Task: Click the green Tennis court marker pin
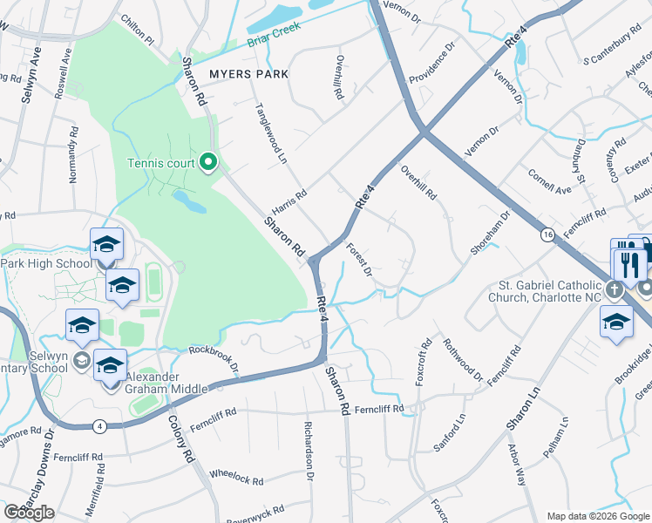pyautogui.click(x=208, y=162)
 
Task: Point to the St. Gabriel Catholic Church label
pyautogui.click(x=537, y=291)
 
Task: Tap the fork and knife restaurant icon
pyautogui.click(x=629, y=262)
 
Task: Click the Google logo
pyautogui.click(x=29, y=513)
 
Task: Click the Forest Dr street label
pyautogui.click(x=359, y=260)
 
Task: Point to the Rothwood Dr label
pyautogui.click(x=463, y=360)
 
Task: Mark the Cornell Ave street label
pyautogui.click(x=549, y=181)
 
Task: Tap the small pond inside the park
pyautogui.click(x=189, y=202)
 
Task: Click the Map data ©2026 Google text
pyautogui.click(x=598, y=516)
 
